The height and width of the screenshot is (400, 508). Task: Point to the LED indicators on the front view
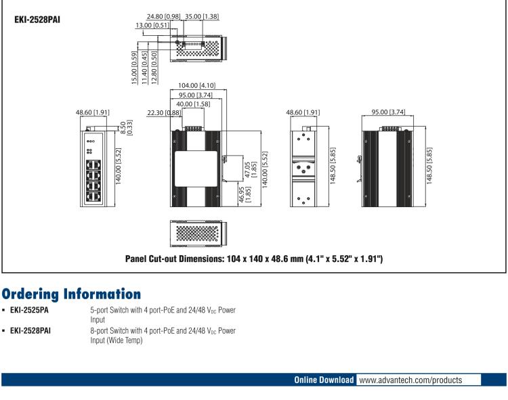(91, 146)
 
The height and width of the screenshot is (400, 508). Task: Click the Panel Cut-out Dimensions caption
(255, 259)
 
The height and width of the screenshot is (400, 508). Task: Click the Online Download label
(322, 380)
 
